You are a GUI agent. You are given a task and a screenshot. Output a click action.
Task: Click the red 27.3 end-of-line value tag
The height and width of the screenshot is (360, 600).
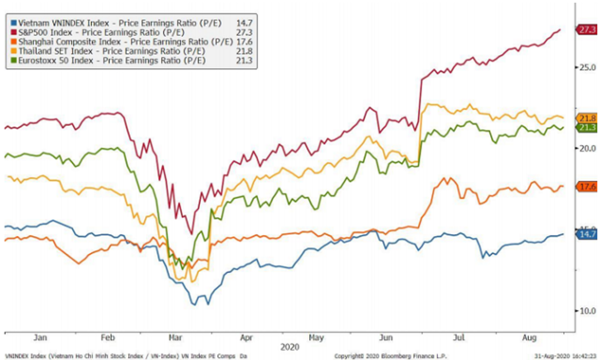tap(588, 30)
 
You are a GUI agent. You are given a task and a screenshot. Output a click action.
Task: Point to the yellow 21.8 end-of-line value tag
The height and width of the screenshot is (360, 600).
tap(588, 118)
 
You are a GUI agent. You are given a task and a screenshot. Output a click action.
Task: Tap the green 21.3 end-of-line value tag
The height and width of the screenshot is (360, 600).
tap(588, 127)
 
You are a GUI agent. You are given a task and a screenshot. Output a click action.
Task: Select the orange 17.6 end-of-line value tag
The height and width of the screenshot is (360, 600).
tap(588, 187)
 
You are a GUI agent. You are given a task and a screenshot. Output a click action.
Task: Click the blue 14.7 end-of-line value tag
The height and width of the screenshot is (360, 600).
tap(588, 234)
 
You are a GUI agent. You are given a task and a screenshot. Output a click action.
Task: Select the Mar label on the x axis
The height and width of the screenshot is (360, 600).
tap(175, 338)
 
